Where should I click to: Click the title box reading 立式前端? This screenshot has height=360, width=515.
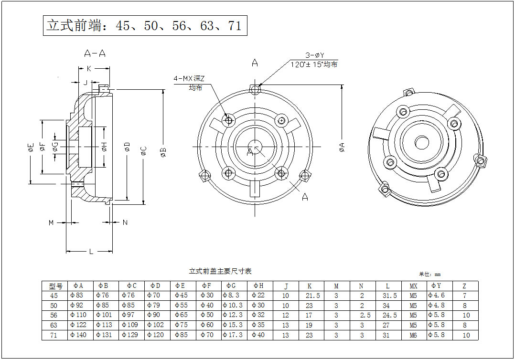[145, 25]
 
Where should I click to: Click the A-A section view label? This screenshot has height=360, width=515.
[95, 53]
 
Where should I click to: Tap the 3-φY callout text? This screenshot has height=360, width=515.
[315, 55]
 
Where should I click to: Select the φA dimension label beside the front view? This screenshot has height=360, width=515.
[342, 147]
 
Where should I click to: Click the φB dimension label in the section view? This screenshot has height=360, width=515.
[163, 152]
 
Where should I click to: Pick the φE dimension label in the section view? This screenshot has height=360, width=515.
[31, 148]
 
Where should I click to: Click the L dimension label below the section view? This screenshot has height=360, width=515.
[91, 252]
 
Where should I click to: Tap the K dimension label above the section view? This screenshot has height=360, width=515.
[89, 68]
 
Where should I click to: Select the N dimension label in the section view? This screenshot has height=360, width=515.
[125, 222]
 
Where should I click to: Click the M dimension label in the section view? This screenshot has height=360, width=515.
[52, 222]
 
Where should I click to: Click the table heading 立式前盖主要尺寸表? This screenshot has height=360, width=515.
[220, 271]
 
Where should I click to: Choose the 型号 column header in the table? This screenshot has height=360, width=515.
[55, 286]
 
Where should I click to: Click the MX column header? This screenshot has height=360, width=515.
[414, 286]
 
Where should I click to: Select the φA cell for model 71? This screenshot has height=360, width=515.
[81, 335]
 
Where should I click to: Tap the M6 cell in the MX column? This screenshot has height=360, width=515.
[414, 335]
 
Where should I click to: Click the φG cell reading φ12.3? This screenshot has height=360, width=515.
[234, 316]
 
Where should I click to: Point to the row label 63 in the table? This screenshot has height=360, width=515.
[54, 325]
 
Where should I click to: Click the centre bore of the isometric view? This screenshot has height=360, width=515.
[421, 142]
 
